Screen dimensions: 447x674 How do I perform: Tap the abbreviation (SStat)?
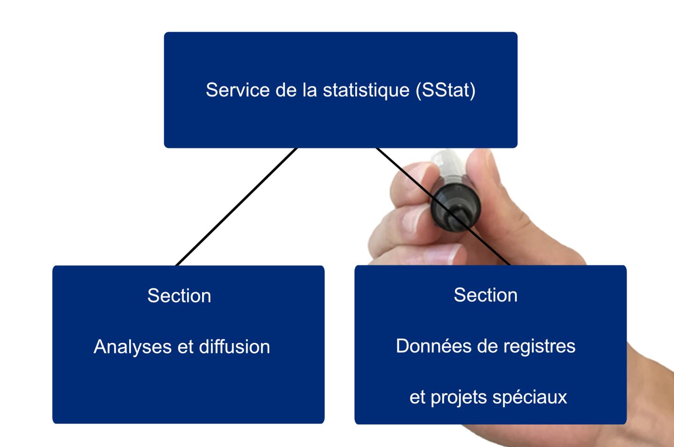pos(445,90)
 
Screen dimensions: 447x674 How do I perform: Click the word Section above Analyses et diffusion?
pos(179,296)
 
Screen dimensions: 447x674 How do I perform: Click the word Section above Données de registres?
pos(485,295)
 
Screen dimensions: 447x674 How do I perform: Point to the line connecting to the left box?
pos(236,207)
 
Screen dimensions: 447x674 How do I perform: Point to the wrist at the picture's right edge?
pos(655,374)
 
